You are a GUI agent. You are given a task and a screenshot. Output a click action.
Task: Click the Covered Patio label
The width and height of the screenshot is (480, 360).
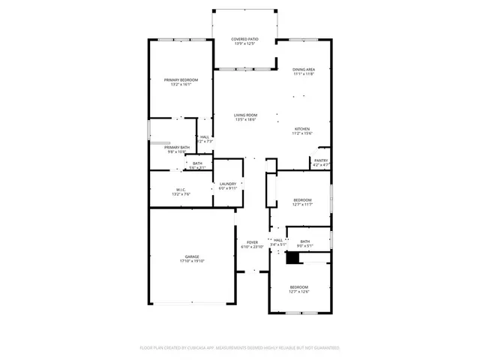click(245, 39)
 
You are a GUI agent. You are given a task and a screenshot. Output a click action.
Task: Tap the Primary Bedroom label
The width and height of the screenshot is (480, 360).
click(181, 79)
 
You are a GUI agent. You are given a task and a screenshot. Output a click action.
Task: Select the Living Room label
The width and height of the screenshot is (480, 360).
click(245, 115)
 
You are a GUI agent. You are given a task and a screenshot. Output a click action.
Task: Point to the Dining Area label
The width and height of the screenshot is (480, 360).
click(304, 70)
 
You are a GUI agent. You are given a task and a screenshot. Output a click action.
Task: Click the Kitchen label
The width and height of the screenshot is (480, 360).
click(301, 128)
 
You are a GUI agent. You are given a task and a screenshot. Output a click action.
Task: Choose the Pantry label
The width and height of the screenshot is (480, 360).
click(321, 160)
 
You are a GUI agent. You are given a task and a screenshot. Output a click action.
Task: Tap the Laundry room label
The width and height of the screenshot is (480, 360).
click(228, 184)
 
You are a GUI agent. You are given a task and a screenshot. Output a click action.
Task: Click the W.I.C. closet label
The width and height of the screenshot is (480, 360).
click(181, 190)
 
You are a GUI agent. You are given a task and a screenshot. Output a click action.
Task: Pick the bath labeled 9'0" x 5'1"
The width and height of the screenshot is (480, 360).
click(304, 243)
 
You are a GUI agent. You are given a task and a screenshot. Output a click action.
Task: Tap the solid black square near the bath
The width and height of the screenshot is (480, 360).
click(293, 258)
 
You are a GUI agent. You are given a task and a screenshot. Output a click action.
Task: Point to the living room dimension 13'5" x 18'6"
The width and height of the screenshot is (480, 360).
click(245, 119)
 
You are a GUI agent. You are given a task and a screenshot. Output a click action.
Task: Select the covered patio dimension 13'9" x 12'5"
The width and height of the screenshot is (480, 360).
click(245, 43)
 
